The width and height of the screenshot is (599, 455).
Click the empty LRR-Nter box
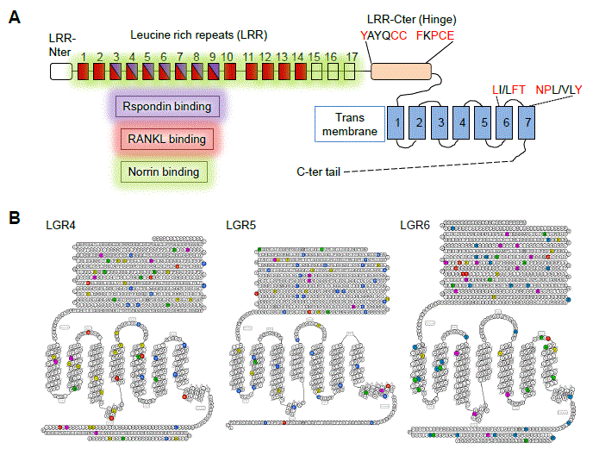pyautogui.click(x=61, y=72)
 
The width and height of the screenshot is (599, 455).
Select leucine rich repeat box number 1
pyautogui.click(x=83, y=72)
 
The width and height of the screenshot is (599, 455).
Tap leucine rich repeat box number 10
pyautogui.click(x=228, y=72)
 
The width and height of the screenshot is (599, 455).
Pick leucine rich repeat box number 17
pyautogui.click(x=350, y=72)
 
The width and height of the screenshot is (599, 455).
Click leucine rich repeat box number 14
pyautogui.click(x=298, y=72)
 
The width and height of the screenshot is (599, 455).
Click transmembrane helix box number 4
pyautogui.click(x=462, y=123)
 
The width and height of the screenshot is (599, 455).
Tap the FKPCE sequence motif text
pyautogui.click(x=447, y=35)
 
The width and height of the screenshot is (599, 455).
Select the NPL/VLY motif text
pyautogui.click(x=559, y=89)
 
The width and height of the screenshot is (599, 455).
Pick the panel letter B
pyautogui.click(x=15, y=217)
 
